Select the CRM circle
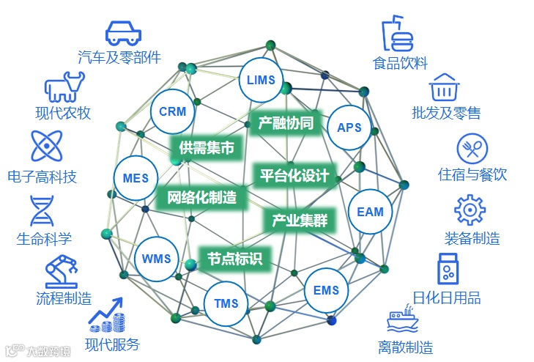point(172,112)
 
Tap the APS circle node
point(349,127)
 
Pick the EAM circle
point(370,212)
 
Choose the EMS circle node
point(326,290)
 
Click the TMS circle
point(227,303)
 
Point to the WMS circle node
point(156,259)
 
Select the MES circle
point(136,178)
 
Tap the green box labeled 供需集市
point(207,148)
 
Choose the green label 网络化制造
point(201,197)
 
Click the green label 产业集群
point(300,220)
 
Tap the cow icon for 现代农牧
point(65,88)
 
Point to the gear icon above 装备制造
point(470,210)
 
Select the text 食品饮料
point(400,64)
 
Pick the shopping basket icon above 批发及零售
point(443,88)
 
